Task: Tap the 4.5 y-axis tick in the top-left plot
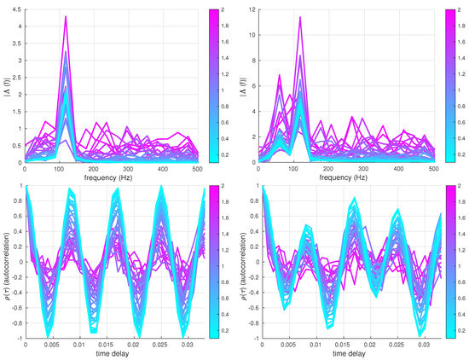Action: click(17, 10)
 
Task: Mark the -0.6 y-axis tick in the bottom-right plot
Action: click(249, 305)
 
